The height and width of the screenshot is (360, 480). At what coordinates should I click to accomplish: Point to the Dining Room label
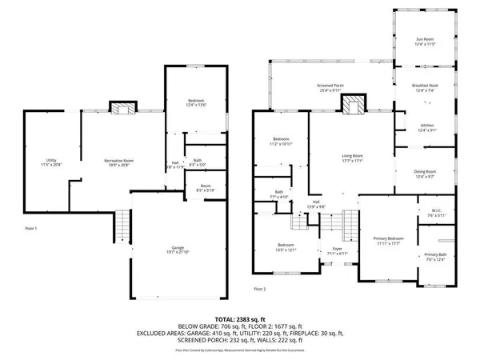point(425,174)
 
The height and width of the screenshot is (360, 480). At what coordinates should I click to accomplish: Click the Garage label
point(163,250)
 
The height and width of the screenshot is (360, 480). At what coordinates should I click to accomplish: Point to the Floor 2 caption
point(260,289)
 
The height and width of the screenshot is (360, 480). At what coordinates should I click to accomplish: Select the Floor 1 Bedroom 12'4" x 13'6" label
point(196,102)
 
